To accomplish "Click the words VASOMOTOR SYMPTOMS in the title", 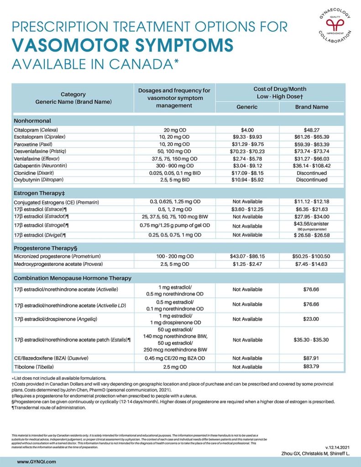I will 123,45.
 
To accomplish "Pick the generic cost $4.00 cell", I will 247,130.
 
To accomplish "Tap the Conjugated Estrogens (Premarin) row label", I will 57,202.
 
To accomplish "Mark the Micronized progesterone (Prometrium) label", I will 58,257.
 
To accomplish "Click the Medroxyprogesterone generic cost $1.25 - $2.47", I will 247,264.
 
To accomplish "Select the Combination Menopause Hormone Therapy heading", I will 73,278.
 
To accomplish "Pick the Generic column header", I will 247,107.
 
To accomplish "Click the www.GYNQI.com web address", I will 37,462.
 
